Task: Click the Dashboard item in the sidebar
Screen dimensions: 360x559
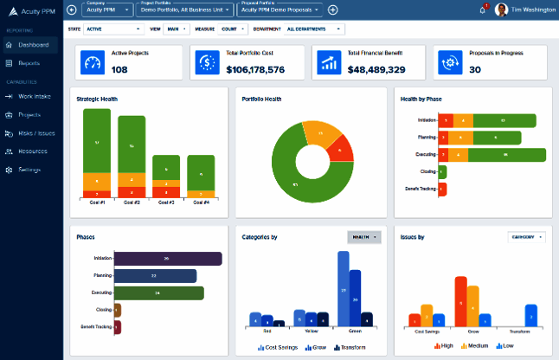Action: coord(33,44)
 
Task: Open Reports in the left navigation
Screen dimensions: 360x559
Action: coord(29,63)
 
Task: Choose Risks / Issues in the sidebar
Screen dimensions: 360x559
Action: coord(35,133)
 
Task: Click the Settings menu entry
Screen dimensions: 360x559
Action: coord(29,170)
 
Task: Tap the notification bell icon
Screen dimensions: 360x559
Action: coord(482,10)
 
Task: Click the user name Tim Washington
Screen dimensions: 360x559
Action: coord(532,10)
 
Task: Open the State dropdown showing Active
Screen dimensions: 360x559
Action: coord(106,29)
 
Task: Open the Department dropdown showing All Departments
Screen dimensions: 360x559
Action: coord(314,29)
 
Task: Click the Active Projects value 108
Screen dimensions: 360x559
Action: coord(119,69)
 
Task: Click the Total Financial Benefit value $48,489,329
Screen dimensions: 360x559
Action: coord(376,69)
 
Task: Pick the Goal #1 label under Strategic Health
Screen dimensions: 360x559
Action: coord(97,202)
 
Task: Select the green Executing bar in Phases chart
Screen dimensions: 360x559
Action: coord(158,293)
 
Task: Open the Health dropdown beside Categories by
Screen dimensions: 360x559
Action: coord(363,236)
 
